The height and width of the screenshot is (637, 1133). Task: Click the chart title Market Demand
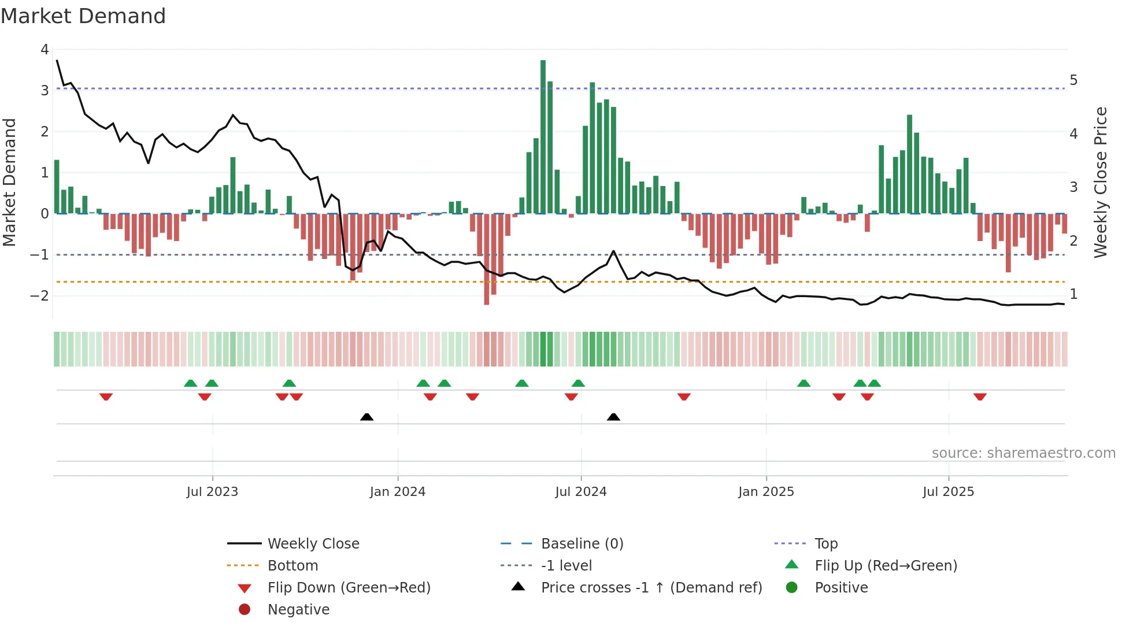(83, 16)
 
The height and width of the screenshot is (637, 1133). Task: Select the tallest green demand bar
(543, 137)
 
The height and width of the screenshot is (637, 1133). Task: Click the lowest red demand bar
(487, 259)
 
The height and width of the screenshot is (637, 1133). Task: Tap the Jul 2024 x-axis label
(581, 492)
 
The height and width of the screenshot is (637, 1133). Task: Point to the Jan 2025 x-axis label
(766, 492)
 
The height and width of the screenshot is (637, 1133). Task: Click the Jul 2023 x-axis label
(212, 492)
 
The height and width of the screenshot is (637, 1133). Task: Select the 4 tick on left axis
(45, 50)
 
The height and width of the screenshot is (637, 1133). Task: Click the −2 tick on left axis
(40, 296)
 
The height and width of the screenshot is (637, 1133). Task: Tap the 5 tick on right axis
(1073, 80)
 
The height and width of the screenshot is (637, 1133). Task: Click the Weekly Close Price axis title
(1101, 182)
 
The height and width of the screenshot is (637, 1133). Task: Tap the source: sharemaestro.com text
(1023, 453)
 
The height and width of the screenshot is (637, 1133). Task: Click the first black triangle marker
(366, 417)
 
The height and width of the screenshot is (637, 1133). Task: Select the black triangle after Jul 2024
(613, 417)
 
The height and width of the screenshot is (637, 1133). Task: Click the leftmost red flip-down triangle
(106, 397)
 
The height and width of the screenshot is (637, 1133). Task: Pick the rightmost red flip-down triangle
(980, 397)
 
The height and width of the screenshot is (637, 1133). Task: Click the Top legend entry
(825, 544)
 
